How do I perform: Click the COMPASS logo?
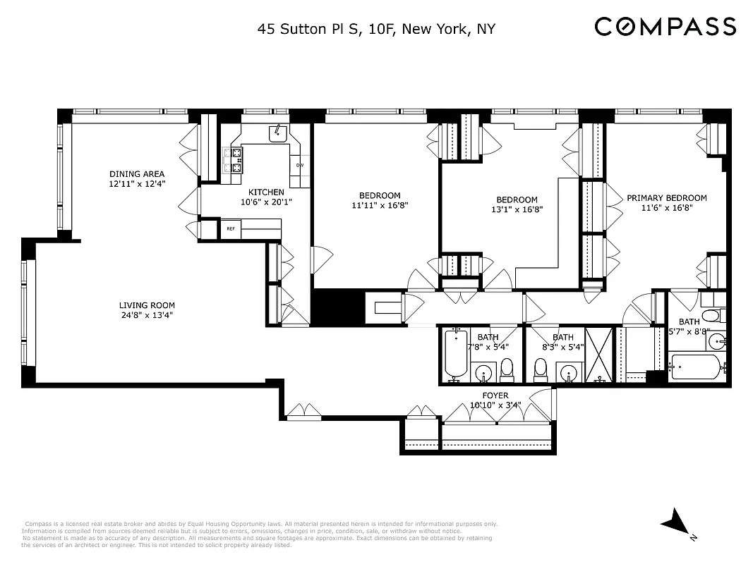[665, 27]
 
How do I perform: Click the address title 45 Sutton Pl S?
[376, 29]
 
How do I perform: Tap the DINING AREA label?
[137, 174]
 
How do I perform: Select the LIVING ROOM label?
[147, 305]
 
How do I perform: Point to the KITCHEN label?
[266, 192]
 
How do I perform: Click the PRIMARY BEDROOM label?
[666, 198]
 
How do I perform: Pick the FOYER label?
[495, 396]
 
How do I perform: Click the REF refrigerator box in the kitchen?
[231, 228]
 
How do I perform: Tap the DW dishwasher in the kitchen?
[299, 166]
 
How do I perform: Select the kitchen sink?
[278, 132]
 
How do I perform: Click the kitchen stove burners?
[234, 159]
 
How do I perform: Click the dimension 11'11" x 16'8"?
[380, 206]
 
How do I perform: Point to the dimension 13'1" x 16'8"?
[517, 209]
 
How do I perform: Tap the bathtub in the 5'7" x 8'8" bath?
[695, 366]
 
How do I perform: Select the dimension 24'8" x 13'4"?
[147, 315]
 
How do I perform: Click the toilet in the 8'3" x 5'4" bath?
[541, 367]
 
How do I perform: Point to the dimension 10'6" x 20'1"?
[266, 202]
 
